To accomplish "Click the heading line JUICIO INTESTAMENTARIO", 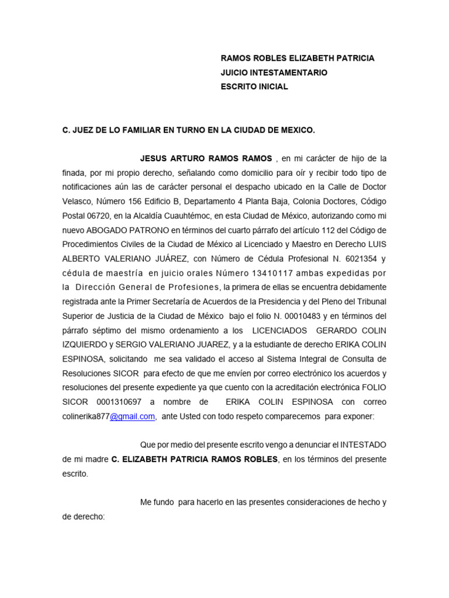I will [274, 73].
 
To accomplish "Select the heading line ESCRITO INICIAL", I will [254, 87].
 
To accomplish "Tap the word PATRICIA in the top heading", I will [354, 58].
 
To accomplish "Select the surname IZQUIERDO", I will [85, 345].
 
